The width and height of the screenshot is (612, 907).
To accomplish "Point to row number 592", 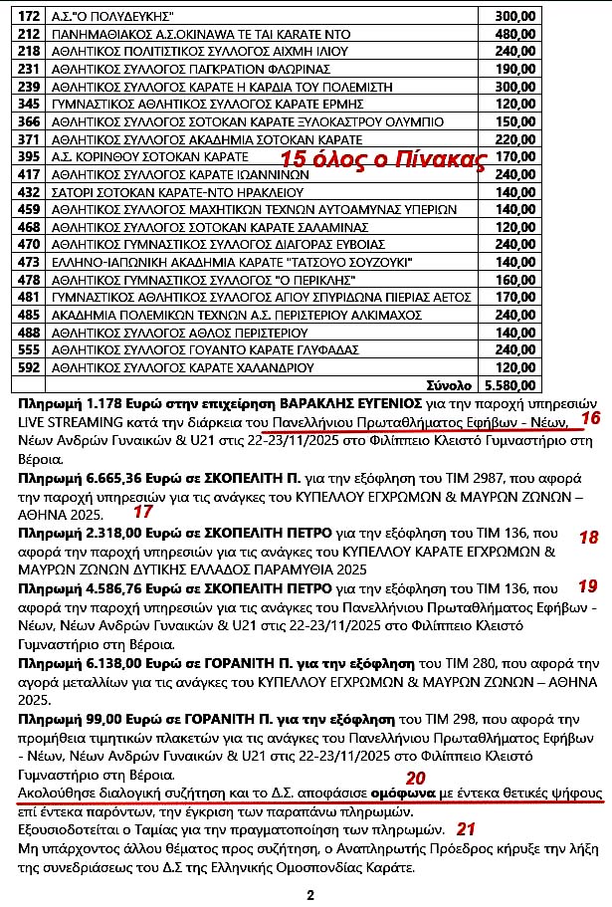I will (29, 366).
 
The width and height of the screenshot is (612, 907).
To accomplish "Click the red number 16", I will (590, 418).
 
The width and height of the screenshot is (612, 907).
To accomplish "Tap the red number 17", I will (142, 512).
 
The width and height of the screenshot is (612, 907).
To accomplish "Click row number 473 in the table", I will (29, 262).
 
